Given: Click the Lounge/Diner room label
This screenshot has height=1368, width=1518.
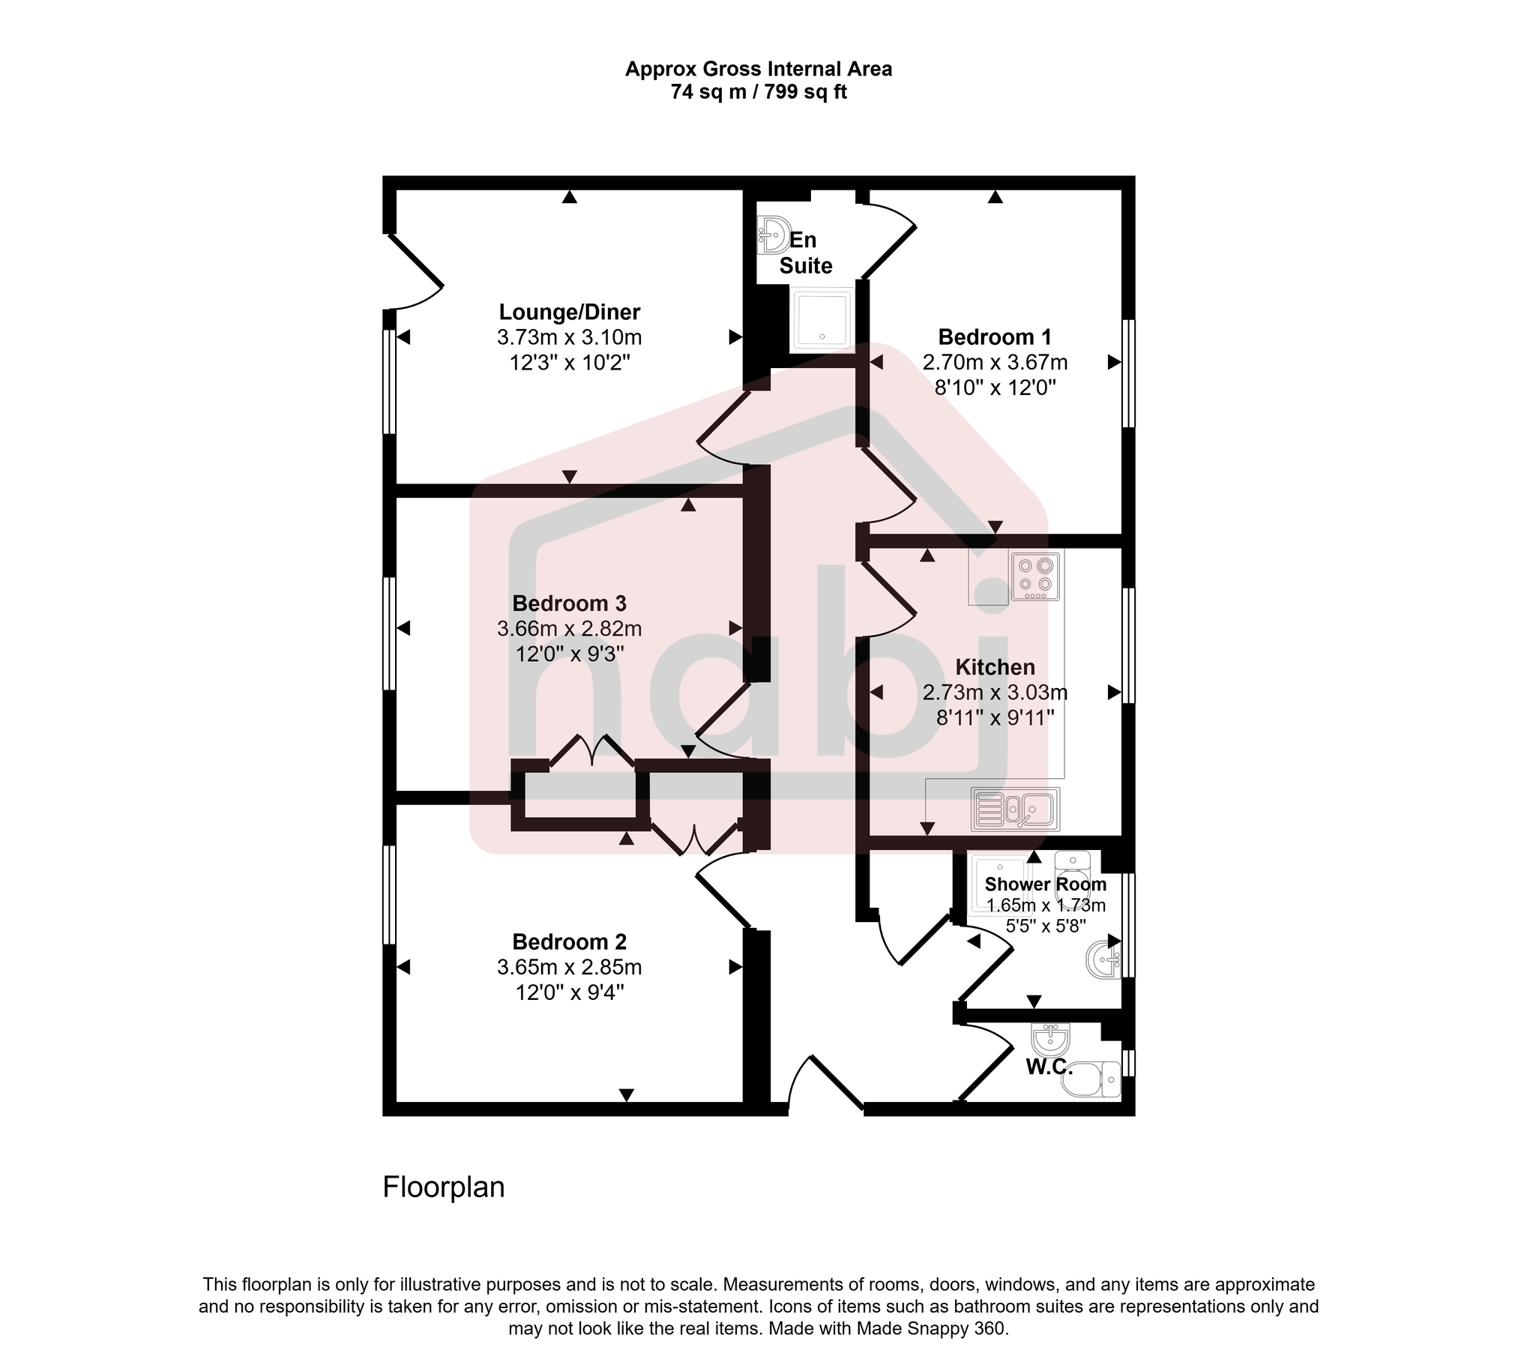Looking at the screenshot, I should coord(569,311).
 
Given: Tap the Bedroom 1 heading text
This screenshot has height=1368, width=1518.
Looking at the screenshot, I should coord(994,336).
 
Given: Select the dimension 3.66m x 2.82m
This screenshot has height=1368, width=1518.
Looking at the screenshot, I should coord(569,628).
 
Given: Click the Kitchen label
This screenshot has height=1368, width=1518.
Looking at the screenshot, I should coord(994,666).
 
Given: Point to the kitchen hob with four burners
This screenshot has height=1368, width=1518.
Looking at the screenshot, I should coord(1034,576).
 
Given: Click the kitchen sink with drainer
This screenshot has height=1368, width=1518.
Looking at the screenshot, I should coord(1014,810).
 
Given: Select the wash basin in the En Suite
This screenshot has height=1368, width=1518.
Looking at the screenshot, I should coord(773,234).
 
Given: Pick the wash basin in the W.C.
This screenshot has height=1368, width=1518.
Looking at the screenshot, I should coord(1049,1040).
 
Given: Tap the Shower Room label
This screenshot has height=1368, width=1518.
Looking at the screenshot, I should coord(1044,885).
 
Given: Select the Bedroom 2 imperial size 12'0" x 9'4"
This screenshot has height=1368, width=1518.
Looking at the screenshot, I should coord(569,993).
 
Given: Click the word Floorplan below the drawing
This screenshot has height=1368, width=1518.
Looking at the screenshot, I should coord(443,1187).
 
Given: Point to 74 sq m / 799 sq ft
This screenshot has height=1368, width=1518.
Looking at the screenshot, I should coord(758,92).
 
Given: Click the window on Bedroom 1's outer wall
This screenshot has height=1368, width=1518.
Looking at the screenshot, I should coord(1128,373).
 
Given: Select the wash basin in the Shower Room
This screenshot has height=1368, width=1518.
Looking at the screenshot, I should coord(1103,959).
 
